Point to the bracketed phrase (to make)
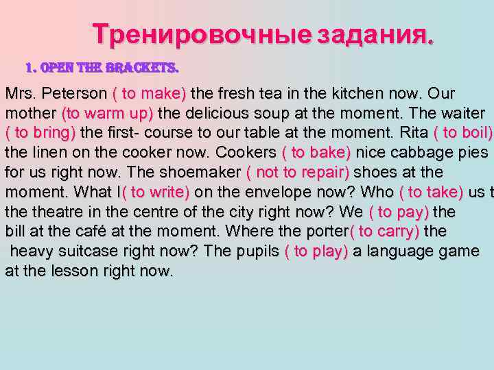point(149,93)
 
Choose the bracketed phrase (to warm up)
point(108,113)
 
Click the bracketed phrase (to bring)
point(40,132)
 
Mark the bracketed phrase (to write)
point(156,192)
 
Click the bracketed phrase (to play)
point(316,251)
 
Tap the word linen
point(43,152)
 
